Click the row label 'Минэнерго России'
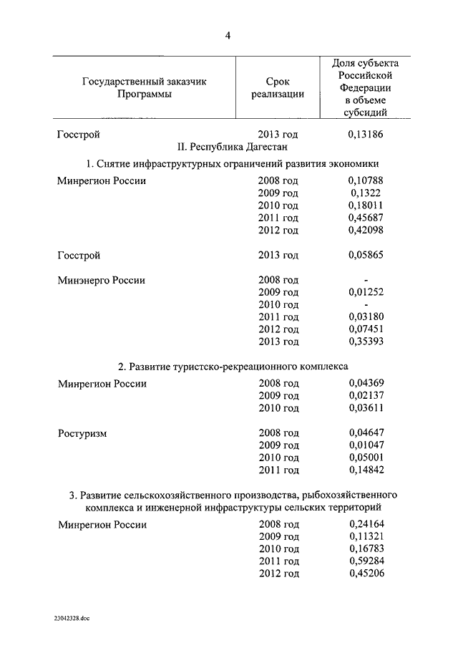coord(101,280)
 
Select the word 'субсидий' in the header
coord(366,112)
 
